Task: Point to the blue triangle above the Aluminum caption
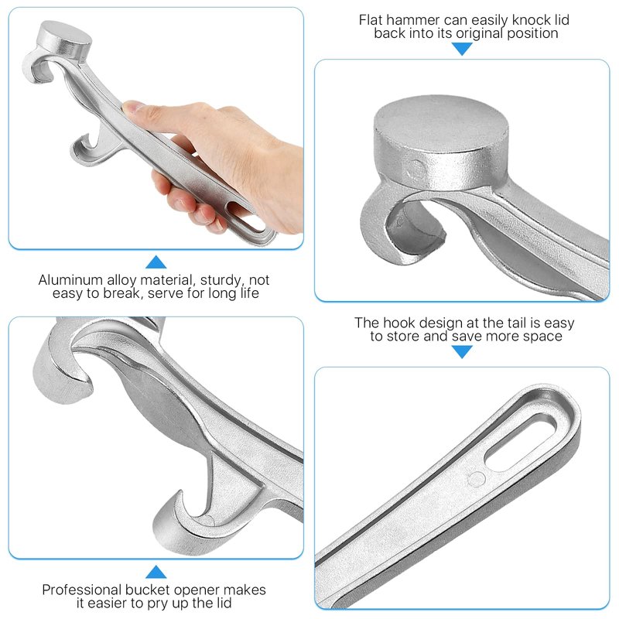(156, 262)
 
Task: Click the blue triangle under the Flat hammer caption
(462, 49)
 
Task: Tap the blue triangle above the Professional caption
(156, 572)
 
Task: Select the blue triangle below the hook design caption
(462, 352)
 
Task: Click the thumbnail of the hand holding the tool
(156, 128)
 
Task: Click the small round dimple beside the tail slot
(476, 479)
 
